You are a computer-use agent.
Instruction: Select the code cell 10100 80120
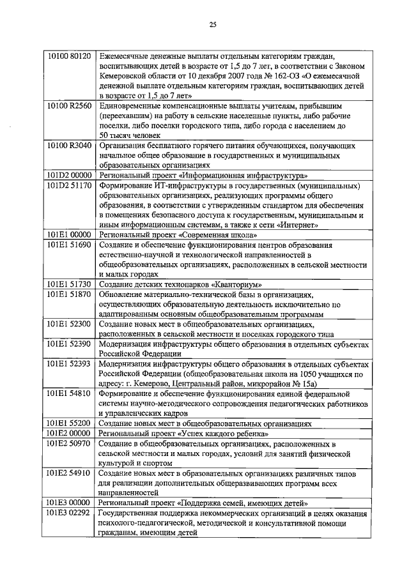71,56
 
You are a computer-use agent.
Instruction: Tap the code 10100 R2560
71,104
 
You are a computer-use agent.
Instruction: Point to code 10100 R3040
71,145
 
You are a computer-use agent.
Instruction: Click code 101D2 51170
71,185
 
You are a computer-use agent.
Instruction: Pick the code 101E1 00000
71,235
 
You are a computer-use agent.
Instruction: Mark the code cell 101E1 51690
71,245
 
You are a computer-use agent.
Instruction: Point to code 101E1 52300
71,324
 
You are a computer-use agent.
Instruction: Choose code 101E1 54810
71,394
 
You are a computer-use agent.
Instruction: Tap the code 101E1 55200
71,423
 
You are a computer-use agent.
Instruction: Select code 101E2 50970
71,444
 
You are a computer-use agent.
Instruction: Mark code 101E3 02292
71,513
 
